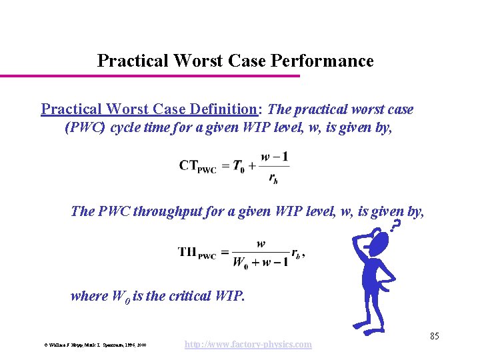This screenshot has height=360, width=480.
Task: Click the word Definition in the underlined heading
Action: [x=223, y=109]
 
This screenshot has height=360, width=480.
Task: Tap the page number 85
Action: [x=434, y=336]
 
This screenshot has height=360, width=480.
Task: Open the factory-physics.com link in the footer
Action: [x=247, y=344]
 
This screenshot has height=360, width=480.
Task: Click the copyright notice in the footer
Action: [x=95, y=345]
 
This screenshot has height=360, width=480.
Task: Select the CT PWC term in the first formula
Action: [x=198, y=167]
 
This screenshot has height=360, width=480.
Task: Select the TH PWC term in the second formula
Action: [x=197, y=253]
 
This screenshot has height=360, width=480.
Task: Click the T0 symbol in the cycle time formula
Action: [x=239, y=166]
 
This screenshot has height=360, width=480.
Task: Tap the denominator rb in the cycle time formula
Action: [x=274, y=177]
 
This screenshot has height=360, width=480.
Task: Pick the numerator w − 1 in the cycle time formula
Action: [x=274, y=157]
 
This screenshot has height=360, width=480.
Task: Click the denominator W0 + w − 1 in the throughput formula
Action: [x=260, y=262]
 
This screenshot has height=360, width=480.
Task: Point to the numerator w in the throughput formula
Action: [x=261, y=244]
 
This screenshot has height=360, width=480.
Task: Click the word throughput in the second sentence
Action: [x=165, y=212]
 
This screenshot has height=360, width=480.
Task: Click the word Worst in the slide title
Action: [x=198, y=61]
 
